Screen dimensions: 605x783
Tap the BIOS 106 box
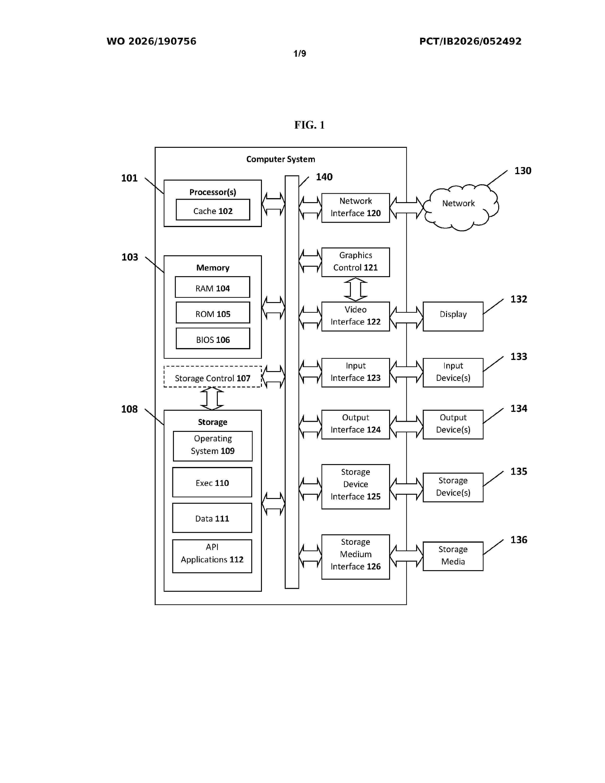point(213,338)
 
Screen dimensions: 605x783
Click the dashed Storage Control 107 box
point(213,377)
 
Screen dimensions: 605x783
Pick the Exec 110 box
point(212,482)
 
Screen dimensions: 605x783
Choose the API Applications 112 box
point(212,556)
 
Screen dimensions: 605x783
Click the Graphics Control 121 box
point(356,262)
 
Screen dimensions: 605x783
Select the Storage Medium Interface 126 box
point(356,557)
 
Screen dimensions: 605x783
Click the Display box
point(453,316)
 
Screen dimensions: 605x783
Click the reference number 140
point(324,177)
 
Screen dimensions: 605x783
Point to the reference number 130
point(523,171)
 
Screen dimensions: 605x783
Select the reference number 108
point(129,409)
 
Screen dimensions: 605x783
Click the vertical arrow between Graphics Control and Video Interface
point(356,289)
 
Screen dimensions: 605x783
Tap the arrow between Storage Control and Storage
point(212,398)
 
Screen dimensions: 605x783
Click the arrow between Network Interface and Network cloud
point(406,208)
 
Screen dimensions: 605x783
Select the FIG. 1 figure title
point(309,125)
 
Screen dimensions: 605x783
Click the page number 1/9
point(300,54)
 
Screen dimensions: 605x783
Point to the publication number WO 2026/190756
point(151,41)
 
